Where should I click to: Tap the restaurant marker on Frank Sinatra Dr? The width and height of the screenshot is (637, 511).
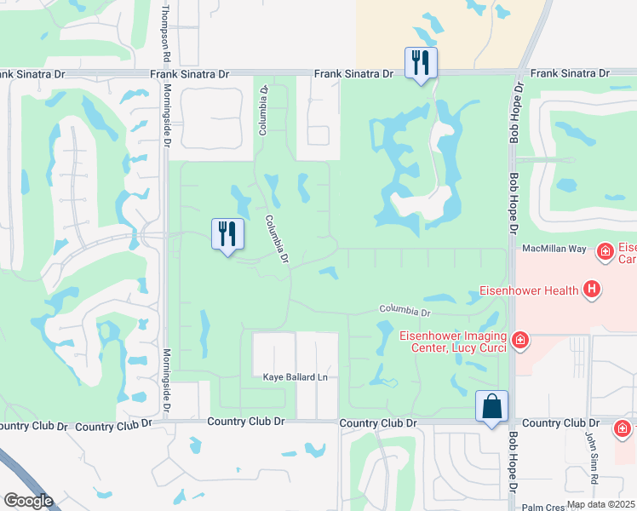tap(421, 64)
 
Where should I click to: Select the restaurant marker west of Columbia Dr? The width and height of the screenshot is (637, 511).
tap(227, 235)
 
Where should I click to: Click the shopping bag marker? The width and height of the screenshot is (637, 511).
tap(492, 407)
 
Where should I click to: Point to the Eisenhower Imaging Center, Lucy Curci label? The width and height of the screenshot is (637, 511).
tap(453, 342)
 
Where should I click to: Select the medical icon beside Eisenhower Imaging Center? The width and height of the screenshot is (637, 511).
tap(519, 342)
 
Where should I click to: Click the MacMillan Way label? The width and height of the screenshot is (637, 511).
tap(554, 248)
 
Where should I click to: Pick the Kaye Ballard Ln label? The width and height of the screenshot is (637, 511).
tap(295, 377)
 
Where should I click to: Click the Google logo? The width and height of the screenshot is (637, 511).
tap(27, 501)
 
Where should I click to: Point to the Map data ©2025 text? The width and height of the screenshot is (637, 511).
tap(600, 504)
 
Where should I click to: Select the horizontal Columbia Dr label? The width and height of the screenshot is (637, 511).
tap(406, 309)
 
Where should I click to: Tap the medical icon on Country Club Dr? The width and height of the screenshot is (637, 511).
tap(624, 428)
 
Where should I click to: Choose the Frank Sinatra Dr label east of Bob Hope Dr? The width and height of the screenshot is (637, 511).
tap(570, 74)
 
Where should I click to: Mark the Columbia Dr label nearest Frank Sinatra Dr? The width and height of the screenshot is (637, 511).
tap(264, 110)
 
